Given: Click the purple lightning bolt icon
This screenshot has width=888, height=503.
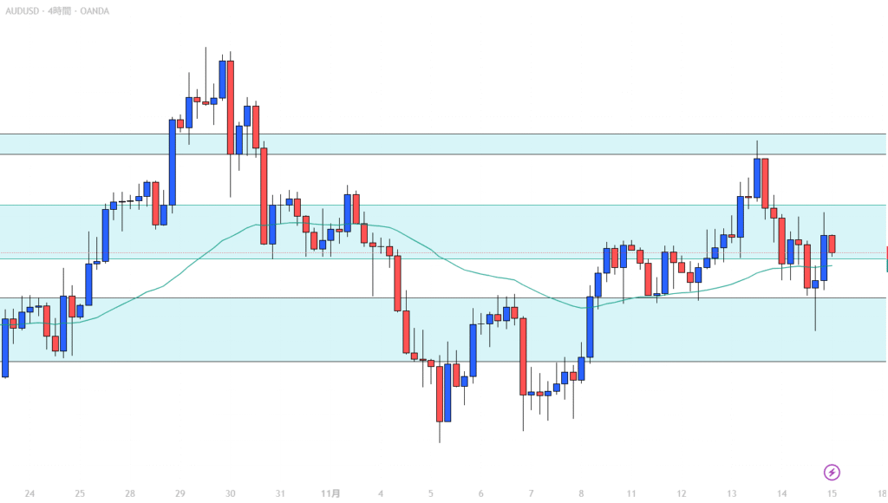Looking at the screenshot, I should pyautogui.click(x=832, y=473).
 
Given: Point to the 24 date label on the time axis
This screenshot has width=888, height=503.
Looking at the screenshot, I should pyautogui.click(x=29, y=493).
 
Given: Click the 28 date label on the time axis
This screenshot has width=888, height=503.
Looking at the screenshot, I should pyautogui.click(x=129, y=493).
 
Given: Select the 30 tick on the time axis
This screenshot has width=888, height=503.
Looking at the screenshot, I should pyautogui.click(x=230, y=493).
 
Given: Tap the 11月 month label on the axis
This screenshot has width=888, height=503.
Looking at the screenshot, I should pyautogui.click(x=330, y=493).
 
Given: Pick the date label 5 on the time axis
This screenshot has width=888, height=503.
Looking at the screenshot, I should pyautogui.click(x=431, y=493).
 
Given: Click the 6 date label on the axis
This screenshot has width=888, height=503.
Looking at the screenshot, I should pyautogui.click(x=480, y=493).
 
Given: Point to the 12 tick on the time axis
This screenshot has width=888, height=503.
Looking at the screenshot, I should pyautogui.click(x=682, y=493).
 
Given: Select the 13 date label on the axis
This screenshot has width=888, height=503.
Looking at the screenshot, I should pyautogui.click(x=732, y=493).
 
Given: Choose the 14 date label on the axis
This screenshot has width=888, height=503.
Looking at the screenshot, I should pyautogui.click(x=782, y=493).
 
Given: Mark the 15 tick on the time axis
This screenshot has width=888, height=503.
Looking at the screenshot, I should pyautogui.click(x=832, y=493).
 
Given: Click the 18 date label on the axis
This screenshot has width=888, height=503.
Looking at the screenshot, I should pyautogui.click(x=881, y=493).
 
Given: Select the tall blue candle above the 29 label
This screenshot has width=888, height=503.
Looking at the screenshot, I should pyautogui.click(x=172, y=162).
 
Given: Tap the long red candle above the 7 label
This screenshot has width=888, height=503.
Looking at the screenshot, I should pyautogui.click(x=523, y=356).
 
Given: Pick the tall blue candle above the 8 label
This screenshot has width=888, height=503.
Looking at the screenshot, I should pyautogui.click(x=590, y=327).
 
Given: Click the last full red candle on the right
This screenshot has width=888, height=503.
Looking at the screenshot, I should pyautogui.click(x=832, y=244).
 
